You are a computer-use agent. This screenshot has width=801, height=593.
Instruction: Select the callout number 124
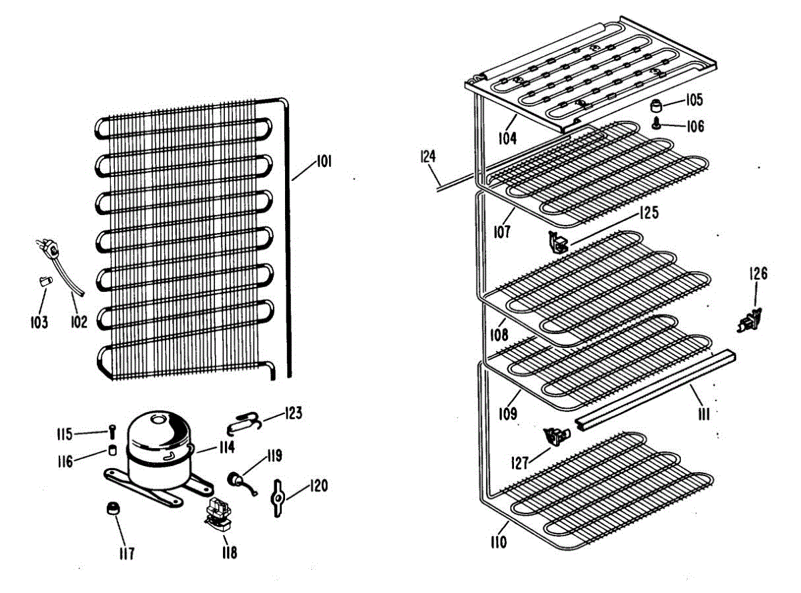pos(428,157)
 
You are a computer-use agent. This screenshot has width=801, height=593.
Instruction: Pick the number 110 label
pos(498,542)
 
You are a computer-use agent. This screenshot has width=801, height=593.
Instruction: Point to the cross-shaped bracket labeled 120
pos(277,497)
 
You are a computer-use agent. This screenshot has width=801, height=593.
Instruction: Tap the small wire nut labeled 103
pos(44,282)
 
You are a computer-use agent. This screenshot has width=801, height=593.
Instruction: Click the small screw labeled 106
pos(657,124)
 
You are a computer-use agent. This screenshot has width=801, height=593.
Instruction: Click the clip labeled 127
pos(555,437)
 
